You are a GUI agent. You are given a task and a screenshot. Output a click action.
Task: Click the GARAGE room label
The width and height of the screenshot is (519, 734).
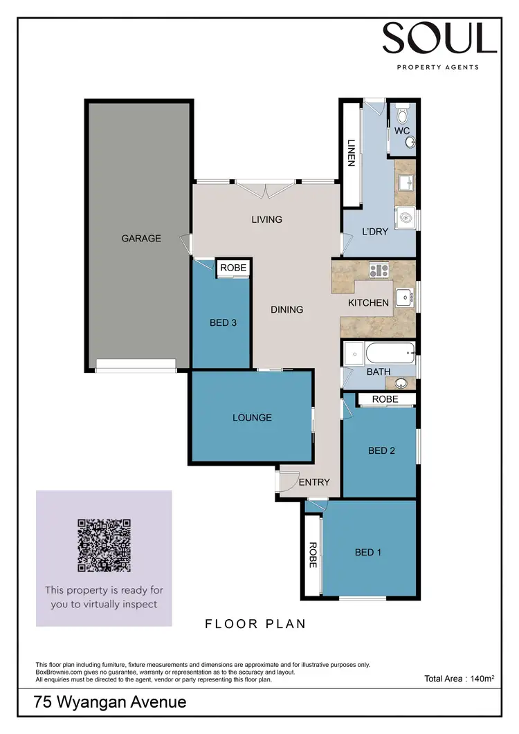141,238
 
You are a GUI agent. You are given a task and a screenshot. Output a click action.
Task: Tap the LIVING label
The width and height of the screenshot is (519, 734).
266,219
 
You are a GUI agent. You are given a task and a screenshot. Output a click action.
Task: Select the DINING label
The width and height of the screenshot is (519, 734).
286,309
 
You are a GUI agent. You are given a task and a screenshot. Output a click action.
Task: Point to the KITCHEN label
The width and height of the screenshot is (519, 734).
368,303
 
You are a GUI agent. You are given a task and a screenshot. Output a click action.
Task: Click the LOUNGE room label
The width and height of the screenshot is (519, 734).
252,417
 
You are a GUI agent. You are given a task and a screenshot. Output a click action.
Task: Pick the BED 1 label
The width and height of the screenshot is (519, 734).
367,552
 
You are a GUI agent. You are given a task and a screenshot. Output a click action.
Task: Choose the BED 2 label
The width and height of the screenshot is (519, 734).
381,451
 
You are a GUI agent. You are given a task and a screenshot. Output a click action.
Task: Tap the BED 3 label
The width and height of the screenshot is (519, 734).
224,322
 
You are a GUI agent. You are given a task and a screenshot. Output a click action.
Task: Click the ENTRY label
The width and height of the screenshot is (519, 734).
313,482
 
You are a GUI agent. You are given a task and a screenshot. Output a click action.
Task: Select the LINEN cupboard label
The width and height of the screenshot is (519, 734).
351,153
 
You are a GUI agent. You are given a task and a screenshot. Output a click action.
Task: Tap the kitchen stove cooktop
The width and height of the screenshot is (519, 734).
379,270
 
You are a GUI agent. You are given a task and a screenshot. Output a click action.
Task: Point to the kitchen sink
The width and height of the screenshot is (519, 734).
405,299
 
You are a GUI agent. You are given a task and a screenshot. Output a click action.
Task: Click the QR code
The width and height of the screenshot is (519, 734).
104,545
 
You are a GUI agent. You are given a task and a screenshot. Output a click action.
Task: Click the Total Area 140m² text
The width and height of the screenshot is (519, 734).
459,679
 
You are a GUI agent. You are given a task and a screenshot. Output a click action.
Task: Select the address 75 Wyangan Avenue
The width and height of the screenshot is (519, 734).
110,702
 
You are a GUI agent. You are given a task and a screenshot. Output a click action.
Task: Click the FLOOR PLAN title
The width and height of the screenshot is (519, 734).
255,624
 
